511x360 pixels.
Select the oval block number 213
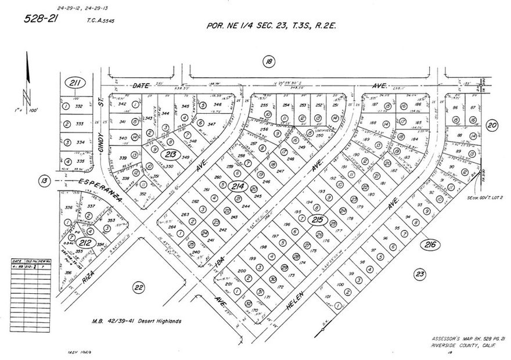171,154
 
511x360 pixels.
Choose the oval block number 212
85,243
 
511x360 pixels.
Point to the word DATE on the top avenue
141,86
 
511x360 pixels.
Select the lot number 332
80,107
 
